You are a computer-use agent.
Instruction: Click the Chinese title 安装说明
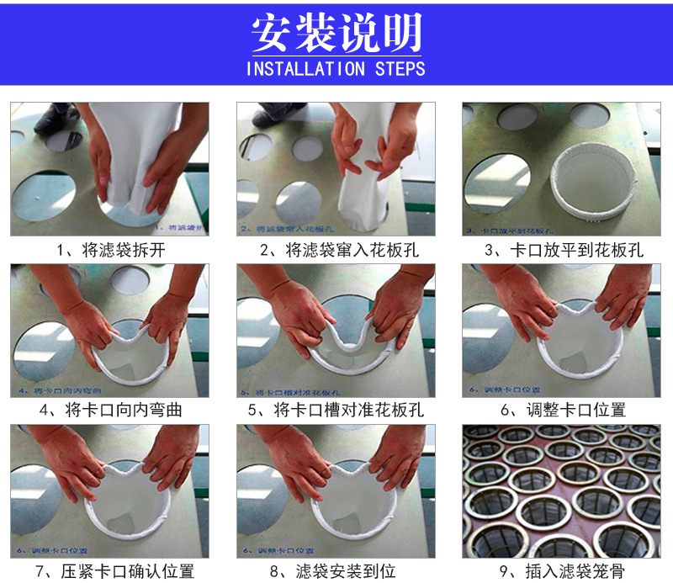(336, 33)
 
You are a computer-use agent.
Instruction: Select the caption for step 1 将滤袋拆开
(110, 250)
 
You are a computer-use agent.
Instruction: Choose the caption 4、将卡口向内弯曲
(110, 411)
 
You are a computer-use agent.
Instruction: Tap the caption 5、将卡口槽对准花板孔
(336, 411)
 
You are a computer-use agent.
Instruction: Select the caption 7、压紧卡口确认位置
(110, 572)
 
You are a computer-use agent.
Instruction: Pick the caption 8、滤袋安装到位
(336, 572)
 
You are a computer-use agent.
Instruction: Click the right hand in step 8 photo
(395, 458)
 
